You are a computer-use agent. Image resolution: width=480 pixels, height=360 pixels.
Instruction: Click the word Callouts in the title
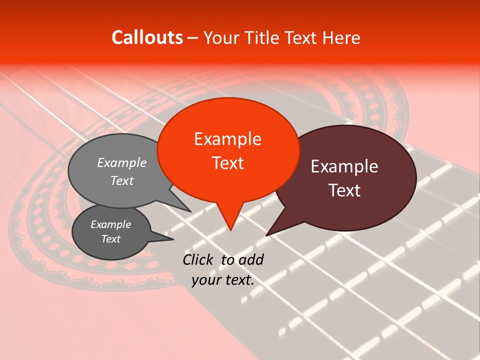click(x=147, y=37)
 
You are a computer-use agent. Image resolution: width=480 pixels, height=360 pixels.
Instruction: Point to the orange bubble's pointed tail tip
click(x=230, y=230)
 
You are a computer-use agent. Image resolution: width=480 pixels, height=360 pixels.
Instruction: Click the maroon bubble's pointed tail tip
click(x=266, y=235)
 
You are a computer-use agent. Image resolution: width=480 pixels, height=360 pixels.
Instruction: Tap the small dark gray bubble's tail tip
click(x=173, y=239)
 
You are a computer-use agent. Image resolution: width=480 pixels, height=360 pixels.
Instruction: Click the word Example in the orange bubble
click(x=228, y=139)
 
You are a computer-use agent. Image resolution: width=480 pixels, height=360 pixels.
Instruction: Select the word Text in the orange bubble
click(x=228, y=163)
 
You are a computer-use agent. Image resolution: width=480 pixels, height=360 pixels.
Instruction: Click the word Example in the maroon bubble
click(x=344, y=166)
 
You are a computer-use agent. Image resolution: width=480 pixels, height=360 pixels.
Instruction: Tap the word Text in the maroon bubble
click(x=344, y=190)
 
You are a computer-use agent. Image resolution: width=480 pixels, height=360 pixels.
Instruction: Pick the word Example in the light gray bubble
click(x=122, y=163)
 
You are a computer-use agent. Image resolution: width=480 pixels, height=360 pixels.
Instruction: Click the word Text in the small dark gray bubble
click(x=111, y=239)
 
